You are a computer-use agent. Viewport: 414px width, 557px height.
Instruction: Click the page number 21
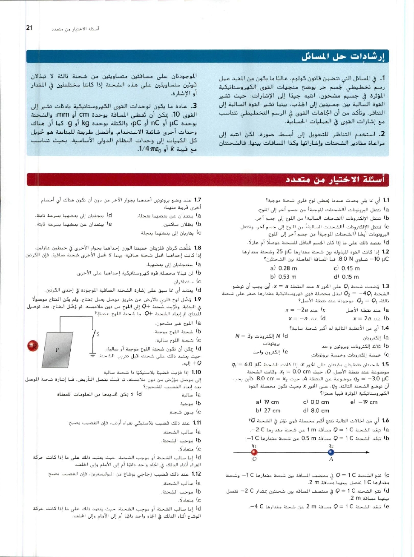pyautogui.click(x=29, y=28)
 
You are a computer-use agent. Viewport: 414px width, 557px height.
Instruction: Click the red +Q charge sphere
pyautogui.click(x=32, y=345)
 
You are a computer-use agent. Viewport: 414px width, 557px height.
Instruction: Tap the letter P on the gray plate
pyautogui.click(x=57, y=350)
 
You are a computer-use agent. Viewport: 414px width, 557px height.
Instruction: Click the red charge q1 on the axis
pyautogui.click(x=254, y=452)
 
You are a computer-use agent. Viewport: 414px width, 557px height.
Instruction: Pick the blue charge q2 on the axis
pyautogui.click(x=331, y=452)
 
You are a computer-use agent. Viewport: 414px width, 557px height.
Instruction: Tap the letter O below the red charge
pyautogui.click(x=254, y=459)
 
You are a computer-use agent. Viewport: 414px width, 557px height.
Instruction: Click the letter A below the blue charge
pyautogui.click(x=331, y=459)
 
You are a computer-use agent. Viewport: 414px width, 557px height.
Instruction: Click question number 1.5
pyautogui.click(x=385, y=365)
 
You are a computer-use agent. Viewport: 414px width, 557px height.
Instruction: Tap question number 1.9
pyautogui.click(x=198, y=299)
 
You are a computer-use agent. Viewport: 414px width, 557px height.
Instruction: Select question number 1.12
pyautogui.click(x=196, y=474)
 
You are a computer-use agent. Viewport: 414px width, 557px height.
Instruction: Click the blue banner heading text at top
pyautogui.click(x=343, y=57)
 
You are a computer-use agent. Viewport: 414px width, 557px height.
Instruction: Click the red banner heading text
pyautogui.click(x=335, y=180)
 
